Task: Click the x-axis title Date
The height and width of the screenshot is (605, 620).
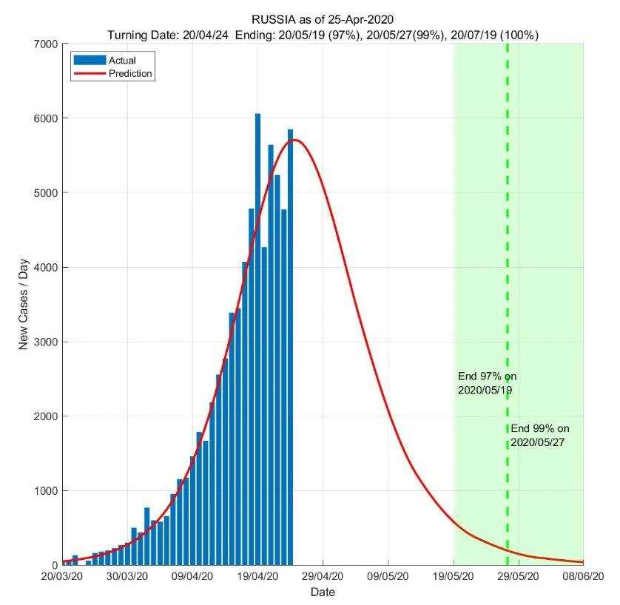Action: click(x=323, y=592)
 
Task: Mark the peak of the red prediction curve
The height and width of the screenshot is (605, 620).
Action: click(x=297, y=140)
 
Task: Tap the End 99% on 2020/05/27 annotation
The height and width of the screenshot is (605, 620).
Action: click(x=540, y=435)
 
